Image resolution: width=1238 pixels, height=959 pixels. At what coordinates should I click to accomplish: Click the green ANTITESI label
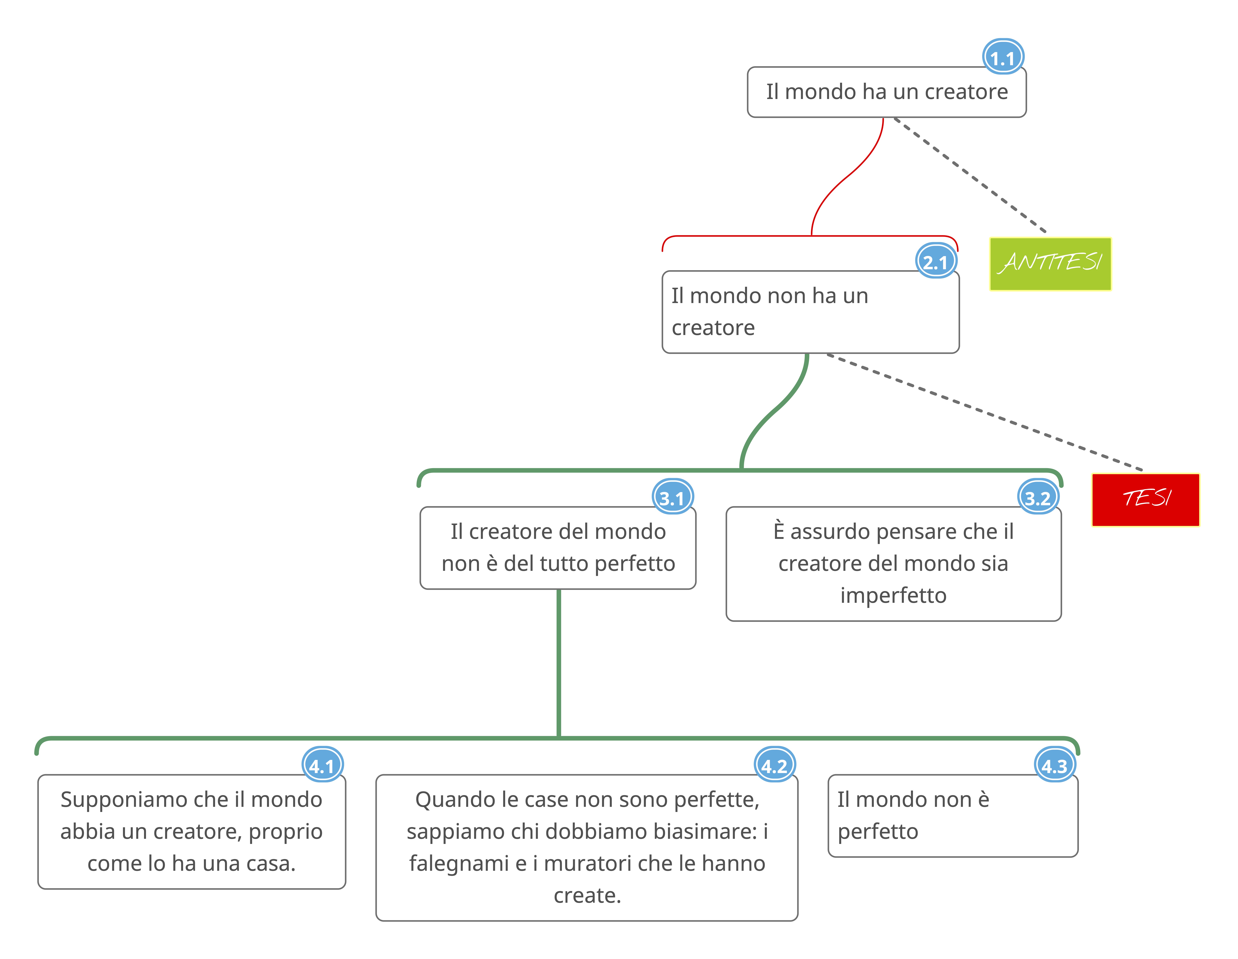pos(1050,264)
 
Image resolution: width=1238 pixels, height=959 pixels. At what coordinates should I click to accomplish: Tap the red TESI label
pos(1145,499)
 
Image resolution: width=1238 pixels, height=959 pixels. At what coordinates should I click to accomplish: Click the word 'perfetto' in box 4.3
pos(877,831)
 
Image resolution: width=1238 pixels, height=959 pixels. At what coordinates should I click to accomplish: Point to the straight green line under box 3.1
pos(559,663)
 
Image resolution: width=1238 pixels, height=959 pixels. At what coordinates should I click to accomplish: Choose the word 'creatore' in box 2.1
pos(713,328)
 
